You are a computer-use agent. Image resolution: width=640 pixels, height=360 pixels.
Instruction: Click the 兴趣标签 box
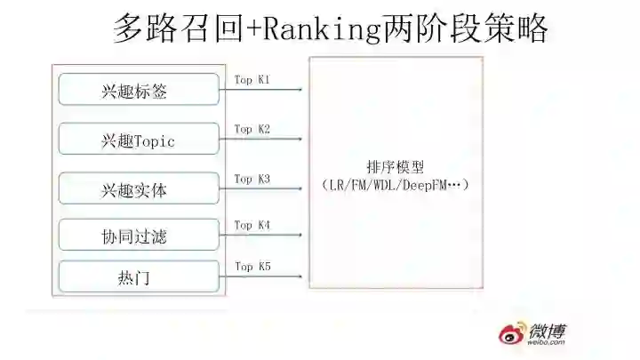click(x=139, y=90)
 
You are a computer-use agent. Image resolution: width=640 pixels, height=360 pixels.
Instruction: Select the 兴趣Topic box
click(x=139, y=140)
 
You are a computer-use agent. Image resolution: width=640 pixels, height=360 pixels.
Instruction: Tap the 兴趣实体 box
click(x=139, y=189)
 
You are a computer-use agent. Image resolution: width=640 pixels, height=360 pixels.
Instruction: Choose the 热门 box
click(x=139, y=277)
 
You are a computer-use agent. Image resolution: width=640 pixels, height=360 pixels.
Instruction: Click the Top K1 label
click(x=252, y=80)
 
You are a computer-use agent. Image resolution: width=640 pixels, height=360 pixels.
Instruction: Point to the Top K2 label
click(x=252, y=129)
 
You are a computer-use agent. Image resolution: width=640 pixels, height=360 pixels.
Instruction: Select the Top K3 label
click(x=252, y=179)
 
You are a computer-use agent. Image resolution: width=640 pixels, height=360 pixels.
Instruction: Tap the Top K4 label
click(x=252, y=225)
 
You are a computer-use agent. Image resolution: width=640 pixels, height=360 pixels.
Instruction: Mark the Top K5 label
click(x=252, y=266)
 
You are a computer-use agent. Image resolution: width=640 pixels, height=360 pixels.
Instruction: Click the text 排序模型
click(x=396, y=166)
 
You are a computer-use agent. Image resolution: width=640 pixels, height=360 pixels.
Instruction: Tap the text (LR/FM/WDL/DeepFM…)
click(x=396, y=185)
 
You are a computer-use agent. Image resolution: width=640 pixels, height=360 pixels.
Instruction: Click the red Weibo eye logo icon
click(x=513, y=336)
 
